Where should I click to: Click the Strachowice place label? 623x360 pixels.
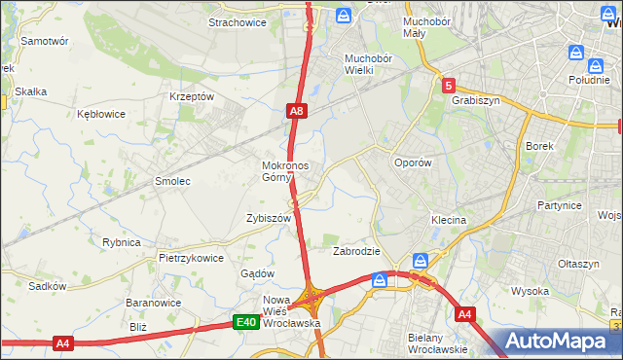[x=238, y=22]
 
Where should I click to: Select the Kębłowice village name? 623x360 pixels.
[x=101, y=114]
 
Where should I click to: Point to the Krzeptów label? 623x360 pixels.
[x=191, y=97]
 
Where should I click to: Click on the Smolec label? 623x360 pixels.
[x=172, y=181]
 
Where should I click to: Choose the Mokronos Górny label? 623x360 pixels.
[x=285, y=171]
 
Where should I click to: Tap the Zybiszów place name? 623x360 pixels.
[x=270, y=219]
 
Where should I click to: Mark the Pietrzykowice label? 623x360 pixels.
[x=192, y=259]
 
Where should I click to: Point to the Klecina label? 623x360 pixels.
[x=449, y=221]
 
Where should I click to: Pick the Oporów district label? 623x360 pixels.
[x=412, y=163]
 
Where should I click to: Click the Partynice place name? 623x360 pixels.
[x=559, y=206]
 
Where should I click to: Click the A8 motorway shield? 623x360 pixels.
[x=298, y=113]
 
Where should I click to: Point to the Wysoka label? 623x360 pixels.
[x=531, y=291]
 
